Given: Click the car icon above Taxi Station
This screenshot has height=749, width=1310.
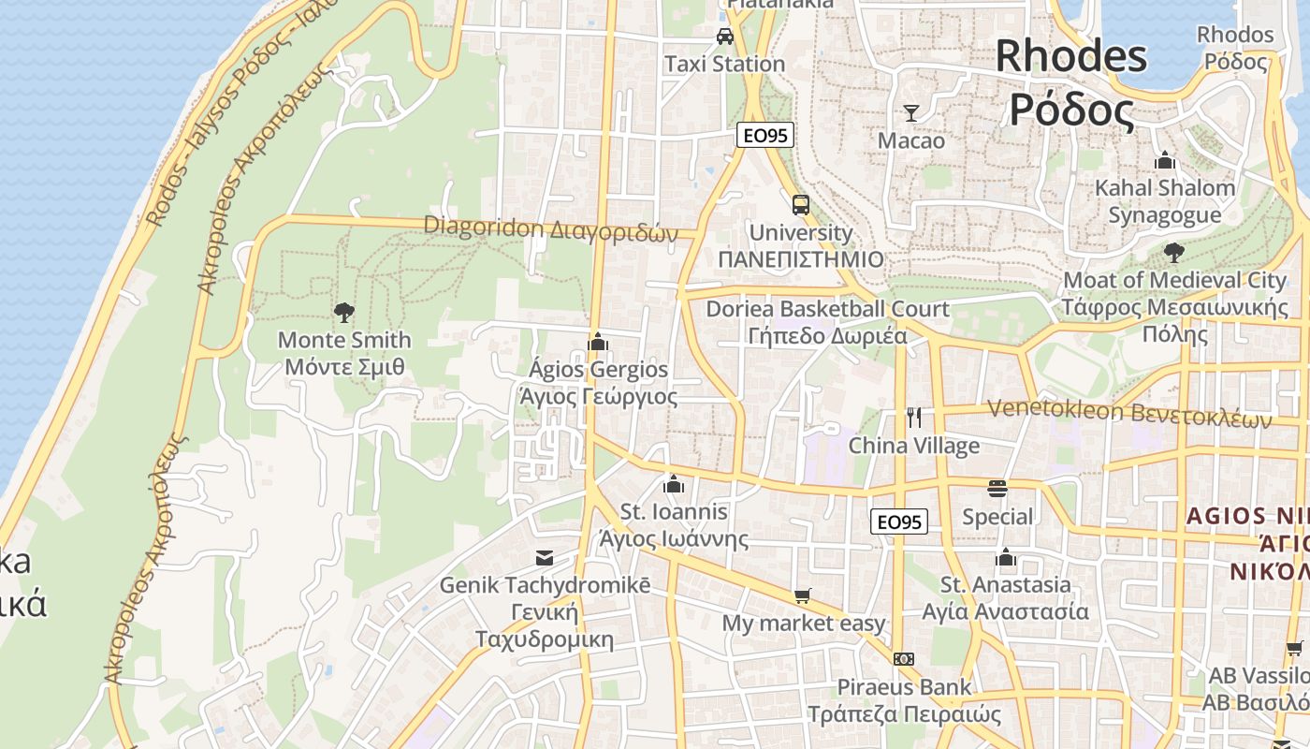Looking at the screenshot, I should pyautogui.click(x=724, y=37).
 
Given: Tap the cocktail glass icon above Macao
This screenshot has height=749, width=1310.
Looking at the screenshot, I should pyautogui.click(x=911, y=113).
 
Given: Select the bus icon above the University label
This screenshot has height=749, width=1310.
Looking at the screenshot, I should pyautogui.click(x=801, y=205).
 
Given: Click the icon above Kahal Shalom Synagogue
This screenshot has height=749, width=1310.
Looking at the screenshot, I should pyautogui.click(x=1165, y=160).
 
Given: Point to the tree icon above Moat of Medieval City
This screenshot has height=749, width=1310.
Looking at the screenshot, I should pyautogui.click(x=1173, y=252).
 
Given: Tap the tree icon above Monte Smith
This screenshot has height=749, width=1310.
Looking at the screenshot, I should pyautogui.click(x=344, y=312).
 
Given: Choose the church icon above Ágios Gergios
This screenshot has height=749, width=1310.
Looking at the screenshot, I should pyautogui.click(x=598, y=342).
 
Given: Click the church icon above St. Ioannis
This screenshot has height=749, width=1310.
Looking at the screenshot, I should pyautogui.click(x=673, y=484).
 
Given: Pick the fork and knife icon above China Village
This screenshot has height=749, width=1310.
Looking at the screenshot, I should pyautogui.click(x=914, y=418).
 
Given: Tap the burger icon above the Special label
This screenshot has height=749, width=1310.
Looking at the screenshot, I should pyautogui.click(x=997, y=489).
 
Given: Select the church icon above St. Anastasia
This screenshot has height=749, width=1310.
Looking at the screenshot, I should pyautogui.click(x=1007, y=559).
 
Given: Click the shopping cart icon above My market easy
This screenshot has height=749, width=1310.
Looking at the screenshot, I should pyautogui.click(x=802, y=596).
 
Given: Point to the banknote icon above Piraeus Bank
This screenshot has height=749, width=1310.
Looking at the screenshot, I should pyautogui.click(x=903, y=659).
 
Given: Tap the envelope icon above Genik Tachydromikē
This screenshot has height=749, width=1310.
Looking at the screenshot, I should pyautogui.click(x=545, y=558).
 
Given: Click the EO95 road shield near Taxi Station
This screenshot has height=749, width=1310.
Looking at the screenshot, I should pyautogui.click(x=764, y=135).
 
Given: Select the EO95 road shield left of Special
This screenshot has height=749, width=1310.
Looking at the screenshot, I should pyautogui.click(x=898, y=521).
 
